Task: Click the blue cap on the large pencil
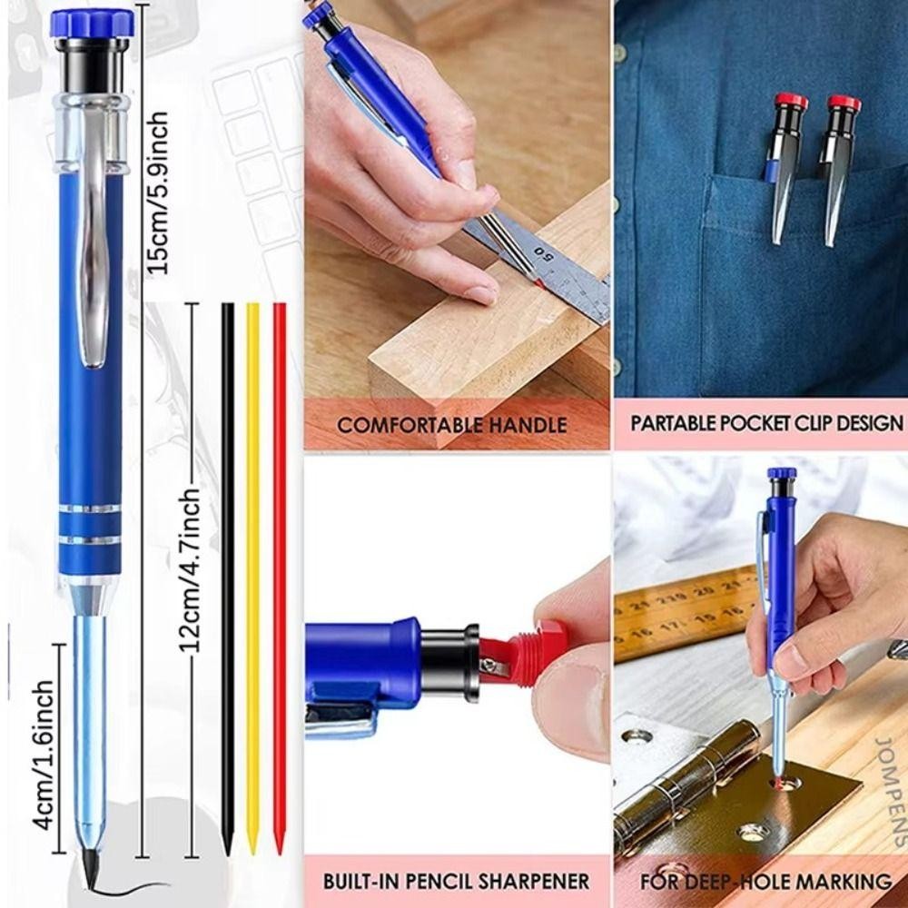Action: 93,24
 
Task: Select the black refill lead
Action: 228,579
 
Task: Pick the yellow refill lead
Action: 252,579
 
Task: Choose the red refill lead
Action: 280,579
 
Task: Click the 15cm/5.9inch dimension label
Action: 156,192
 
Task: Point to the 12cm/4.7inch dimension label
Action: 190,570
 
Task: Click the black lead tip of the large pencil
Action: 92,873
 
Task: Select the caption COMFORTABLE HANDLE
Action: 451,426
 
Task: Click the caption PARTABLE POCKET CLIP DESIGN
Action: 766,423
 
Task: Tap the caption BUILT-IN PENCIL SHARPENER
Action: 457,882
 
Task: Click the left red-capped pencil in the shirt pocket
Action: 785,165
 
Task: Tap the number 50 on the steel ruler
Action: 545,252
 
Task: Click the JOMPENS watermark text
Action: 890,792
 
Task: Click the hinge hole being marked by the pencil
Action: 785,784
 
